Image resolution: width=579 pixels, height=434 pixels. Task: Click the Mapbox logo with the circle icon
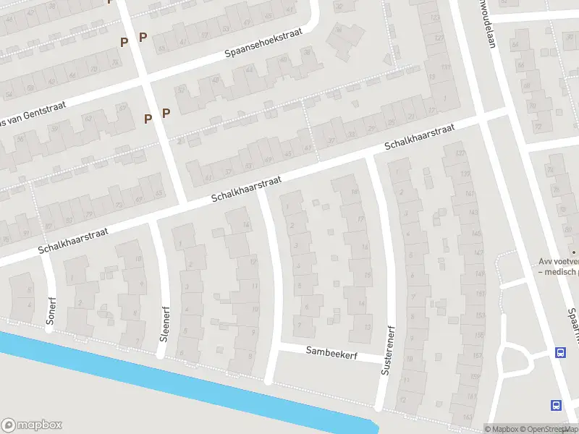32,425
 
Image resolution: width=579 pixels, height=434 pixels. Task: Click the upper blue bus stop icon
560,353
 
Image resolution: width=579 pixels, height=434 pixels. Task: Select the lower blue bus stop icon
556,406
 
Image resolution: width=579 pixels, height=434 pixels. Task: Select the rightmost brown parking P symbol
166,113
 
